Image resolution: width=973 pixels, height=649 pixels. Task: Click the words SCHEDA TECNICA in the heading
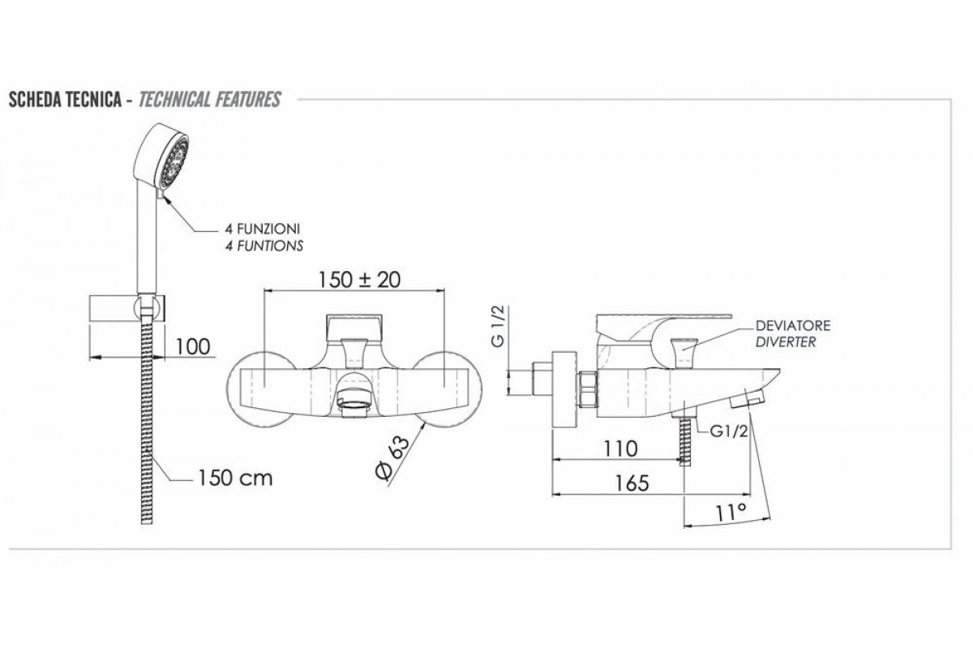click(65, 100)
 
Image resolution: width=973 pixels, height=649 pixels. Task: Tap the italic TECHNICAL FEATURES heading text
click(210, 100)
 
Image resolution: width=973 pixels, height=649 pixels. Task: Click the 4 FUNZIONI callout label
click(263, 229)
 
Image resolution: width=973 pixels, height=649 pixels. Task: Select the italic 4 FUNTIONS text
click(264, 246)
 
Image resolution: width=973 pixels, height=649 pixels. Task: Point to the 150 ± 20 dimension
click(359, 280)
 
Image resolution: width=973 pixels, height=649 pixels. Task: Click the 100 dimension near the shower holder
click(192, 346)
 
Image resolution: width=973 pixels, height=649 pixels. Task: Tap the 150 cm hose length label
click(236, 478)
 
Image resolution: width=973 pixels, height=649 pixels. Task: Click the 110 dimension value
click(619, 449)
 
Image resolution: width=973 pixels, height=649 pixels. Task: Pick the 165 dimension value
click(632, 484)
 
